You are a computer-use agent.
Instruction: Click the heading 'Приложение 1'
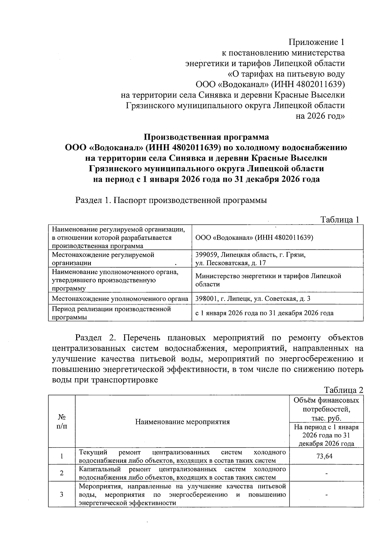316,42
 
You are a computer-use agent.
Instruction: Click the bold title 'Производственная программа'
206,137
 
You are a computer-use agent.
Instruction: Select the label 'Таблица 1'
339,219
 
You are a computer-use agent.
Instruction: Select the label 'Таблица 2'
343,390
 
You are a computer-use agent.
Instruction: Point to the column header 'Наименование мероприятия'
182,422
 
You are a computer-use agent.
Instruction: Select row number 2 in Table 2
62,473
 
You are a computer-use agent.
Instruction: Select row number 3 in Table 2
62,495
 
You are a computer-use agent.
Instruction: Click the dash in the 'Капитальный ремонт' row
326,474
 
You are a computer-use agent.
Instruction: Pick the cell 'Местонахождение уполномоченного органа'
120,298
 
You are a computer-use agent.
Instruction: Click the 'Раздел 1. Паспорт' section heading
171,200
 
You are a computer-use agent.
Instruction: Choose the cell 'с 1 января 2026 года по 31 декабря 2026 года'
264,313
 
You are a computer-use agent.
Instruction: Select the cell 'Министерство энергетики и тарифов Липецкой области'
268,280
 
